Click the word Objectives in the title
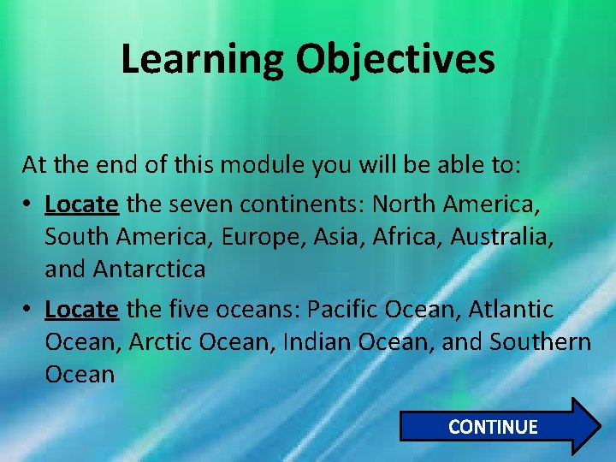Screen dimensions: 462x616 click(396, 59)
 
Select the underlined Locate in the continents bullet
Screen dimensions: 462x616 click(83, 204)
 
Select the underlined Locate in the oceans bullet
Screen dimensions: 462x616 click(83, 308)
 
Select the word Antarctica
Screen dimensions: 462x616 click(151, 269)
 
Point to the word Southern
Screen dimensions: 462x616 click(540, 341)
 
